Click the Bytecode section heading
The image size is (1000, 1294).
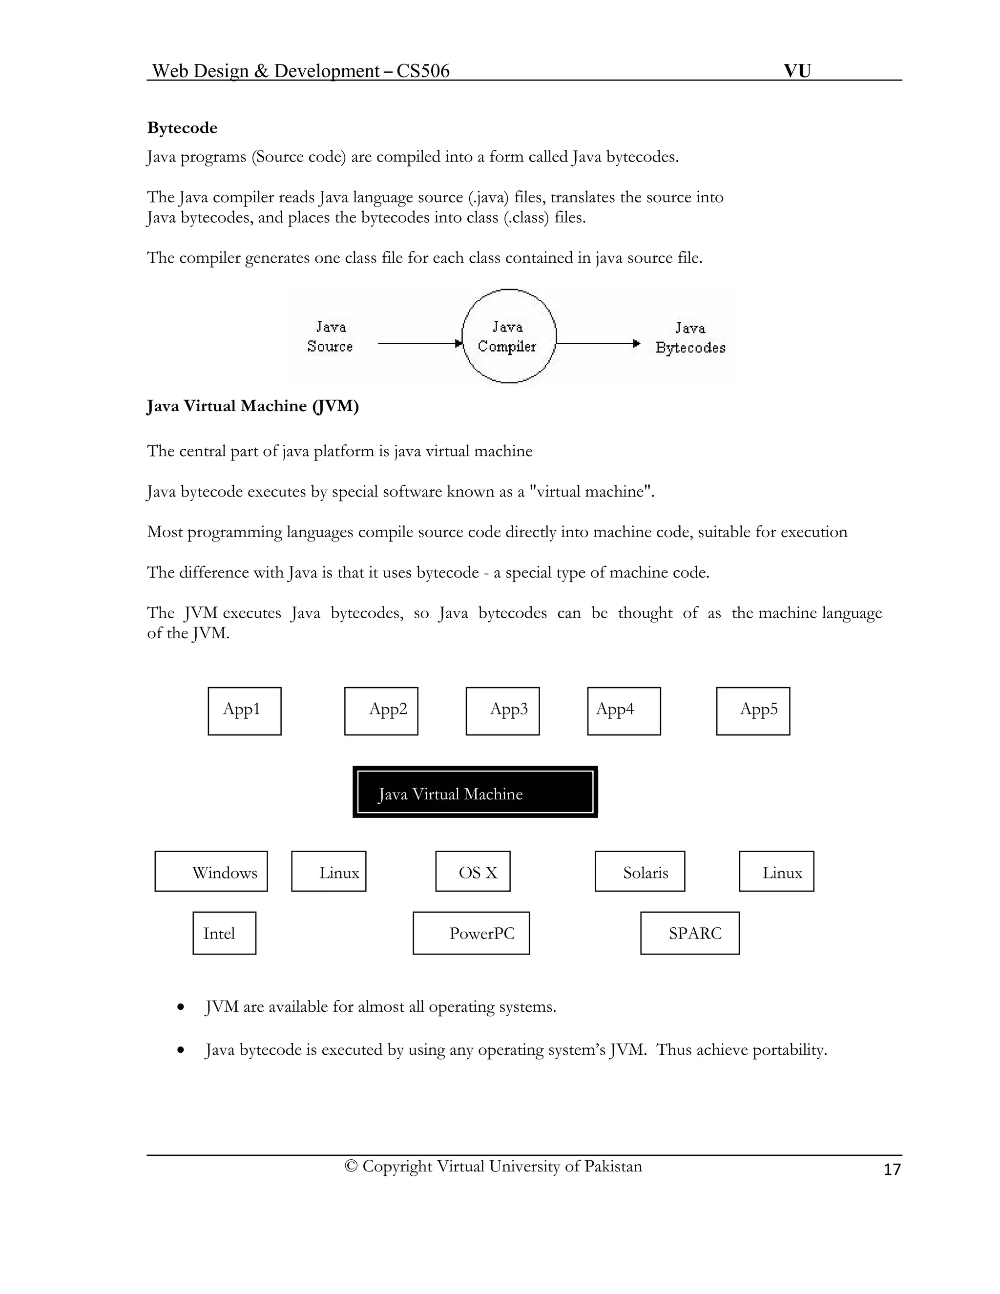tap(182, 128)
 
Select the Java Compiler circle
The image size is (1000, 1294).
tap(508, 336)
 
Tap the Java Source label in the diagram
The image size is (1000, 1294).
tap(330, 336)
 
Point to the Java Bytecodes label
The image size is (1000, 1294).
tap(690, 338)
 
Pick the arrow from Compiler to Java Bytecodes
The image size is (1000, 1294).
tap(597, 343)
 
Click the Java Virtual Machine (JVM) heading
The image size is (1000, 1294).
tap(252, 406)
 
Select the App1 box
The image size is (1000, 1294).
tap(245, 711)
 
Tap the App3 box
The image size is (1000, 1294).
tap(502, 711)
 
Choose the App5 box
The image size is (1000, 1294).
tap(753, 711)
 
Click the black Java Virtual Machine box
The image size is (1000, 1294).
tap(475, 792)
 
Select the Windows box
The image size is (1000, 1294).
tap(211, 872)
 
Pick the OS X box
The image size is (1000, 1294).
tap(473, 872)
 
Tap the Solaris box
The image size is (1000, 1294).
tap(640, 872)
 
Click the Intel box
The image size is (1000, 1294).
tap(225, 933)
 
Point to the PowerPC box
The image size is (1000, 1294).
tap(471, 933)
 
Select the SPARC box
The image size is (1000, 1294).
tap(689, 933)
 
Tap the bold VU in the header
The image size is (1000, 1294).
tap(797, 71)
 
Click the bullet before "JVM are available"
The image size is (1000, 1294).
tap(181, 1007)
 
